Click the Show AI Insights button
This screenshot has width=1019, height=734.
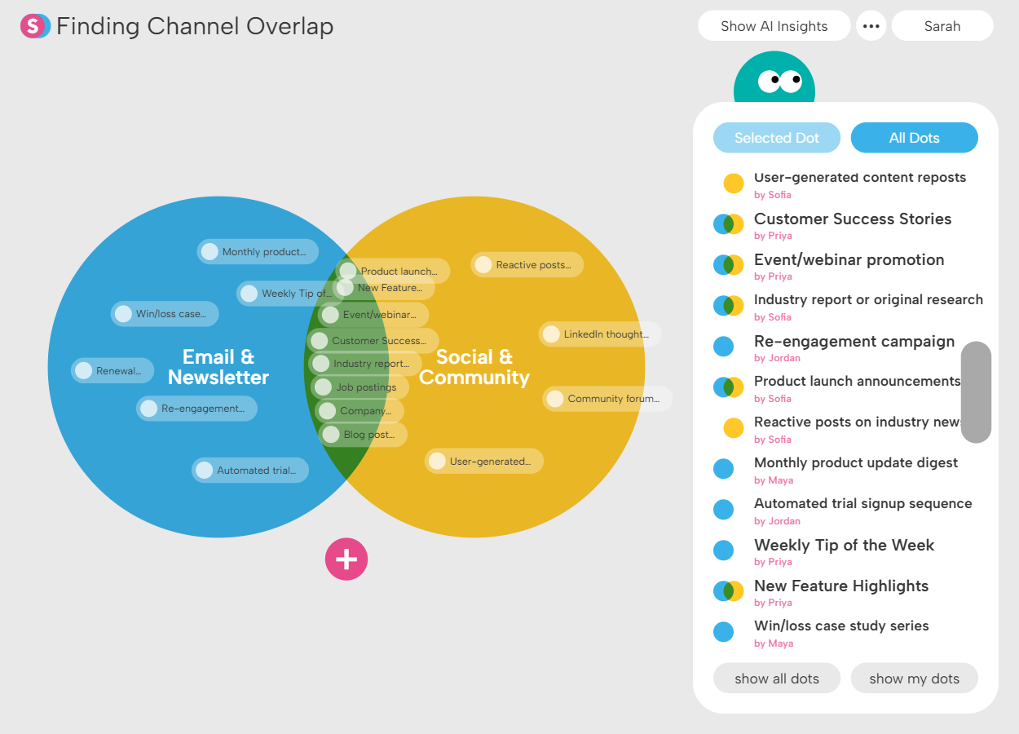[x=774, y=26]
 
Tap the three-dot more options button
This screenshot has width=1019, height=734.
[x=871, y=26]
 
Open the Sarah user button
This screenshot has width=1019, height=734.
[x=942, y=26]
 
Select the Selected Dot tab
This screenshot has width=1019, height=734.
[x=776, y=138]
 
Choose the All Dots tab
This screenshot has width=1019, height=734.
[x=914, y=138]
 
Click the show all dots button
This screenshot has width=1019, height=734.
[x=776, y=679]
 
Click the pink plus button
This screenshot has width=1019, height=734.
[x=346, y=559]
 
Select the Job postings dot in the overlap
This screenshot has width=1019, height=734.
[x=359, y=387]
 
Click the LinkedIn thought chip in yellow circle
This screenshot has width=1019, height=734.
[x=599, y=334]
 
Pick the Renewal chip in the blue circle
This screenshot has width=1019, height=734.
[x=112, y=371]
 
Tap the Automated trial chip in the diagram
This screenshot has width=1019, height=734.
[x=250, y=471]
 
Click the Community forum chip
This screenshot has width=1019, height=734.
[x=607, y=399]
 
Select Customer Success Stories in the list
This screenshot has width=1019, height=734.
[x=852, y=219]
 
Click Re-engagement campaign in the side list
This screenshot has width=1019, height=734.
[x=854, y=341]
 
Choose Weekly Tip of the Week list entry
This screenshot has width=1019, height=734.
[x=844, y=545]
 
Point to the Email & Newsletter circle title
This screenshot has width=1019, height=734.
[x=218, y=367]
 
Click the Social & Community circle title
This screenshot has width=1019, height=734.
[x=474, y=367]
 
